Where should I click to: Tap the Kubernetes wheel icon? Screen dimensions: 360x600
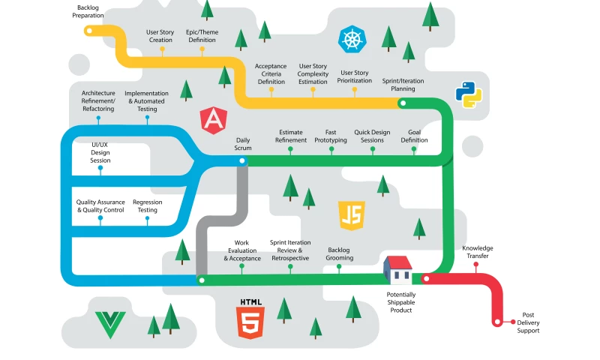point(352,38)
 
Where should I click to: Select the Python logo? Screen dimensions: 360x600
point(468,95)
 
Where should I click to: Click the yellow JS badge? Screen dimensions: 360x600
point(351,214)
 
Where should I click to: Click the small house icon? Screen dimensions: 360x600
point(398,268)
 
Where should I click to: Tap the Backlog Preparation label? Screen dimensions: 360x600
point(88,11)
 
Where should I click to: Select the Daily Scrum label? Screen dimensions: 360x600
point(243,144)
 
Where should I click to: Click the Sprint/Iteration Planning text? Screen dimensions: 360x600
point(404,84)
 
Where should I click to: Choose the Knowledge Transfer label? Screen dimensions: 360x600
point(478,252)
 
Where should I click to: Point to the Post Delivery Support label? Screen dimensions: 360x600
point(528,322)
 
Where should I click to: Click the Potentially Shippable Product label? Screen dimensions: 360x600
point(401,302)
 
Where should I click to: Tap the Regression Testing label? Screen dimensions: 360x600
point(148,206)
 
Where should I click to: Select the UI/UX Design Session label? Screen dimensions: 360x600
point(100,152)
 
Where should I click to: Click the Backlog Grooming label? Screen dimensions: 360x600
point(340,254)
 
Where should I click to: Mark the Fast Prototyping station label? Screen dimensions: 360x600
point(331,136)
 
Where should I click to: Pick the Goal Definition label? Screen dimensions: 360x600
point(414,136)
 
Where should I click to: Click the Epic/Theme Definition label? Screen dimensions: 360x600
point(201,36)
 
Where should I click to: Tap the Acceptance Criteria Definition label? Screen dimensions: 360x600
point(271,73)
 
